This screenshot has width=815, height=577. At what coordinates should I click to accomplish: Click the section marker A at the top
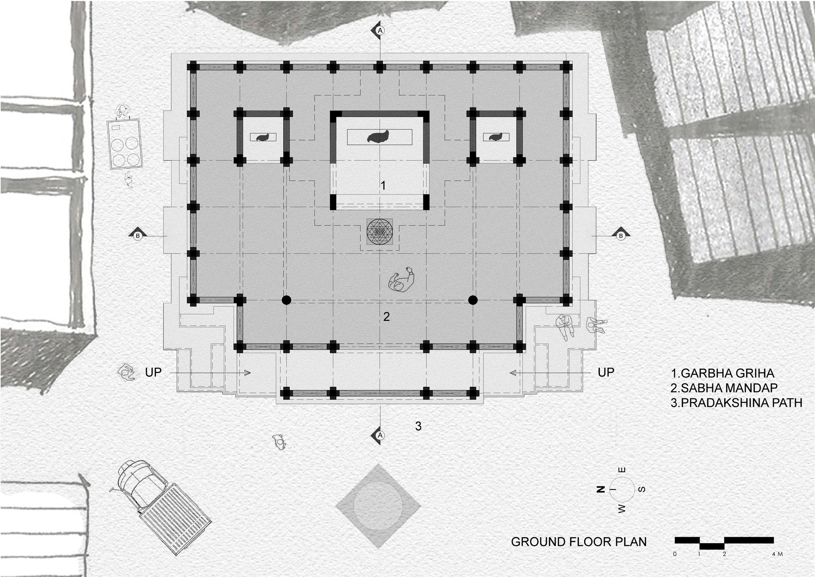point(380,31)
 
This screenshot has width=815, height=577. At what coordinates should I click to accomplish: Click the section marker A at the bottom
point(380,435)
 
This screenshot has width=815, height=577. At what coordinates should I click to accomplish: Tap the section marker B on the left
point(138,235)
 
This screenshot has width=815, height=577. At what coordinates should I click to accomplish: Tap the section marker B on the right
point(621,235)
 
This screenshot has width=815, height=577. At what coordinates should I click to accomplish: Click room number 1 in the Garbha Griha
point(383,186)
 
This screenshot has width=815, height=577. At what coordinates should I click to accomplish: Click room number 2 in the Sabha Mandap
point(386,316)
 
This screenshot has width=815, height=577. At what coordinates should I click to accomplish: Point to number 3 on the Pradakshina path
point(418,426)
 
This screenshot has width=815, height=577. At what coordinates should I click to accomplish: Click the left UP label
point(153,373)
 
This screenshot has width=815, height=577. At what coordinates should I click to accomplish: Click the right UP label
point(606,372)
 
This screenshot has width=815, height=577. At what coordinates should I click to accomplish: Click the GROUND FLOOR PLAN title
point(579,542)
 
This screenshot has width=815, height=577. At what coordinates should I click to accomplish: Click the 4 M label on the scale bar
point(777,554)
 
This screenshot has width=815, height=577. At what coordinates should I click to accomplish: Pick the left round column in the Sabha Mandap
point(286,301)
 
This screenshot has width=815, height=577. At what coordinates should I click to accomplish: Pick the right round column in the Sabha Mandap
point(473,301)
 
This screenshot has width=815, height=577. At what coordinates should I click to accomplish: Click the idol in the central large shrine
point(378,137)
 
